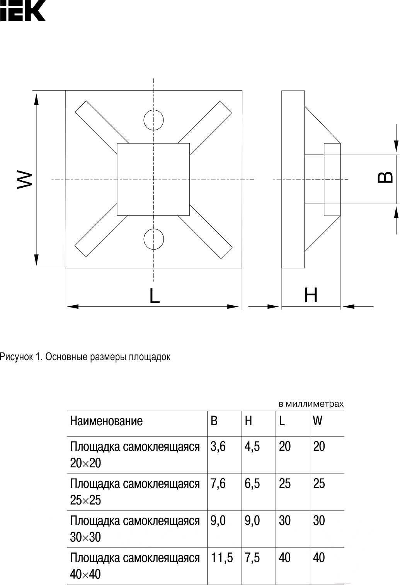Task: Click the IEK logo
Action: (x=23, y=10)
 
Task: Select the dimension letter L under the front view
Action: (x=155, y=295)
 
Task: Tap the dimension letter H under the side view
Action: (x=311, y=295)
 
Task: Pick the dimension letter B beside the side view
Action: (x=385, y=177)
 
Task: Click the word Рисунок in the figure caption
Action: (x=16, y=357)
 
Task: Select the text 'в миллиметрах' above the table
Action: (x=311, y=404)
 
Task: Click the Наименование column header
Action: (x=106, y=421)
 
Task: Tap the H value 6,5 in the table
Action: (x=252, y=484)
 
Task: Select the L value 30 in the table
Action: (x=285, y=521)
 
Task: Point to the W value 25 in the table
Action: (x=319, y=484)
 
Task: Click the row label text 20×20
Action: (x=85, y=463)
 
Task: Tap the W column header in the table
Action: (x=318, y=421)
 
